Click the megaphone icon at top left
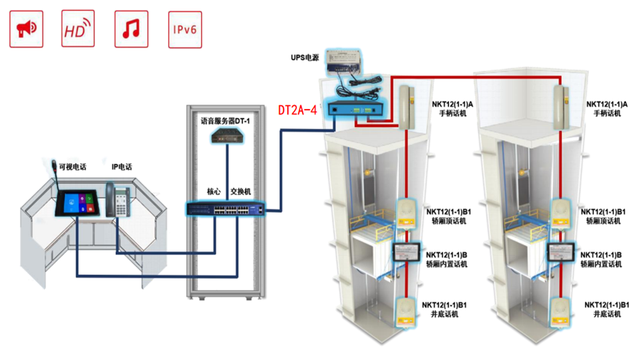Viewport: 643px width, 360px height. [x=26, y=29]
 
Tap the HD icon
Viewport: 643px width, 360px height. [x=78, y=29]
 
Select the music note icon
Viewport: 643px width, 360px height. [x=131, y=29]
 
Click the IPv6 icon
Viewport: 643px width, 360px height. [x=185, y=29]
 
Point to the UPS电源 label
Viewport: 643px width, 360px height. [x=306, y=57]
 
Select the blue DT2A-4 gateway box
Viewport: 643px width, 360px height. [x=354, y=109]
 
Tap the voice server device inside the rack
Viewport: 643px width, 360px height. [x=227, y=137]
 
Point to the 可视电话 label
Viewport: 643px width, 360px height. [x=72, y=167]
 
